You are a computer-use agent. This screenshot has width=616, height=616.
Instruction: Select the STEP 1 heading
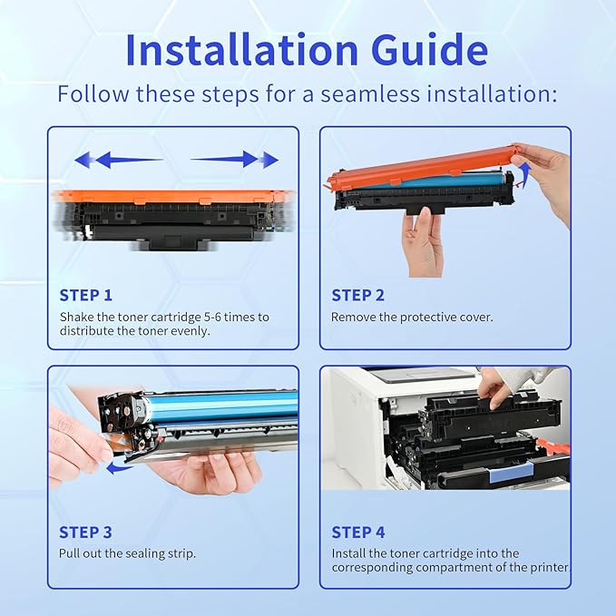86,295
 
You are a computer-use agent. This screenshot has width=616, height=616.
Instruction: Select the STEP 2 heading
357,295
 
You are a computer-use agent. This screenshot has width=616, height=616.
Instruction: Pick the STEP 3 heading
86,533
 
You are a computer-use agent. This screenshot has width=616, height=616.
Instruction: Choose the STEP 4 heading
357,533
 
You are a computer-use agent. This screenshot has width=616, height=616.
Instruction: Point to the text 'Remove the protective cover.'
412,318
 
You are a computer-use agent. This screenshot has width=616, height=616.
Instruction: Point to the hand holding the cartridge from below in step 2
423,238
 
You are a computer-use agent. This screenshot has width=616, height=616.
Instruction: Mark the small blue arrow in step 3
116,468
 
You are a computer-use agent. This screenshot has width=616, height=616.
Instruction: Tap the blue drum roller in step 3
218,401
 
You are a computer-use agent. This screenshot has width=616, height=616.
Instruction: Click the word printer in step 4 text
548,568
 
